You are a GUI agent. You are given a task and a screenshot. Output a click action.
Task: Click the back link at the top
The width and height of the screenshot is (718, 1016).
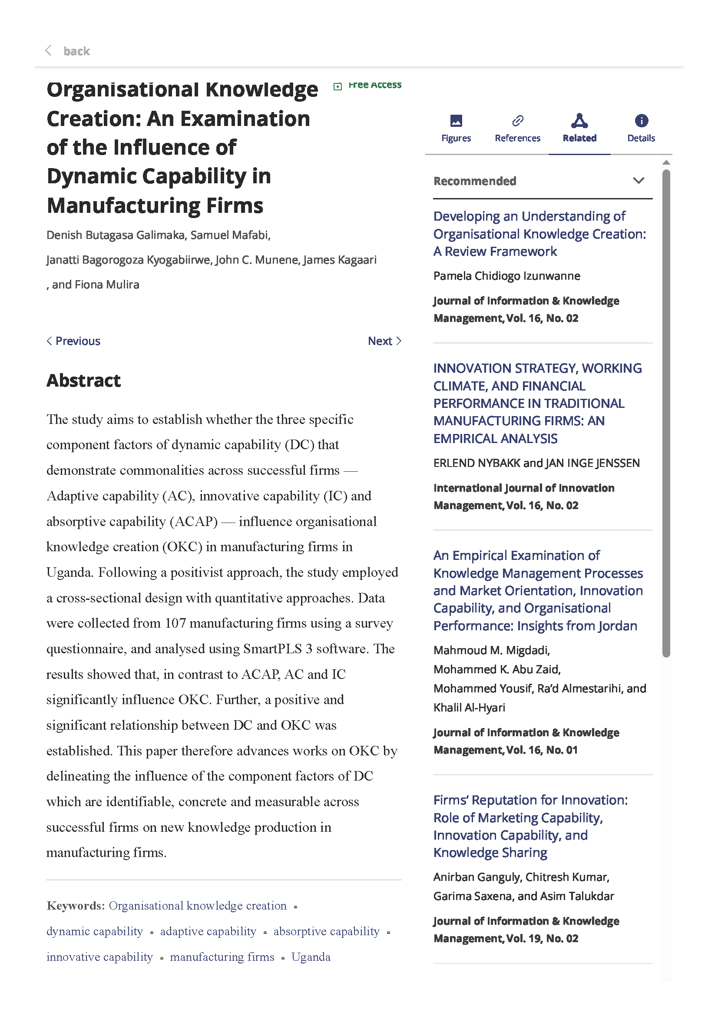pyautogui.click(x=76, y=51)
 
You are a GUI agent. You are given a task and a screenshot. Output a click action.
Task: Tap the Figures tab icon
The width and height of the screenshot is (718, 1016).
pyautogui.click(x=456, y=121)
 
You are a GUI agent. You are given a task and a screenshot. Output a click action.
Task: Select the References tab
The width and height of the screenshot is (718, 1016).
pyautogui.click(x=517, y=128)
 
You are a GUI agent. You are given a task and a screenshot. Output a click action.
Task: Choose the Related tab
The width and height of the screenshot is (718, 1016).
pyautogui.click(x=579, y=128)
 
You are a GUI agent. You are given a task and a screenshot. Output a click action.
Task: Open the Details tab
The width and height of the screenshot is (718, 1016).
pyautogui.click(x=641, y=128)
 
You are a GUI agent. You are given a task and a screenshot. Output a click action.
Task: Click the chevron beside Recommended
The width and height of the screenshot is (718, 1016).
pyautogui.click(x=638, y=181)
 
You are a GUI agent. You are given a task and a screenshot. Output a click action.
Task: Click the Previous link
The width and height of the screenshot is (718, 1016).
pyautogui.click(x=74, y=341)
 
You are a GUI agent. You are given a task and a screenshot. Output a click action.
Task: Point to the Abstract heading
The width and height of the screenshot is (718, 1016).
pyautogui.click(x=83, y=381)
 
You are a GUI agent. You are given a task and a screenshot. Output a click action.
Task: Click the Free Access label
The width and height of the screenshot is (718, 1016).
pyautogui.click(x=374, y=85)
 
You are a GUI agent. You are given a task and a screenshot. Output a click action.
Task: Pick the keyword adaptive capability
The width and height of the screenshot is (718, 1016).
pyautogui.click(x=208, y=931)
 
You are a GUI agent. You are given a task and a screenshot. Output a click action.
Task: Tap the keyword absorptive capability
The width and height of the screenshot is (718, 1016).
pyautogui.click(x=326, y=931)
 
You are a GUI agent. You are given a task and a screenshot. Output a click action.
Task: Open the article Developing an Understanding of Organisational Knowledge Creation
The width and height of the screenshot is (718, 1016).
pyautogui.click(x=539, y=234)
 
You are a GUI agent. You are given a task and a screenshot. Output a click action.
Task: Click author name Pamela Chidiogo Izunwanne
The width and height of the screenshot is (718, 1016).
pyautogui.click(x=506, y=276)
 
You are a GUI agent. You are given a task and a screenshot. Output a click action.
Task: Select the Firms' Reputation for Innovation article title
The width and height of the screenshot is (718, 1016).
pyautogui.click(x=530, y=826)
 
